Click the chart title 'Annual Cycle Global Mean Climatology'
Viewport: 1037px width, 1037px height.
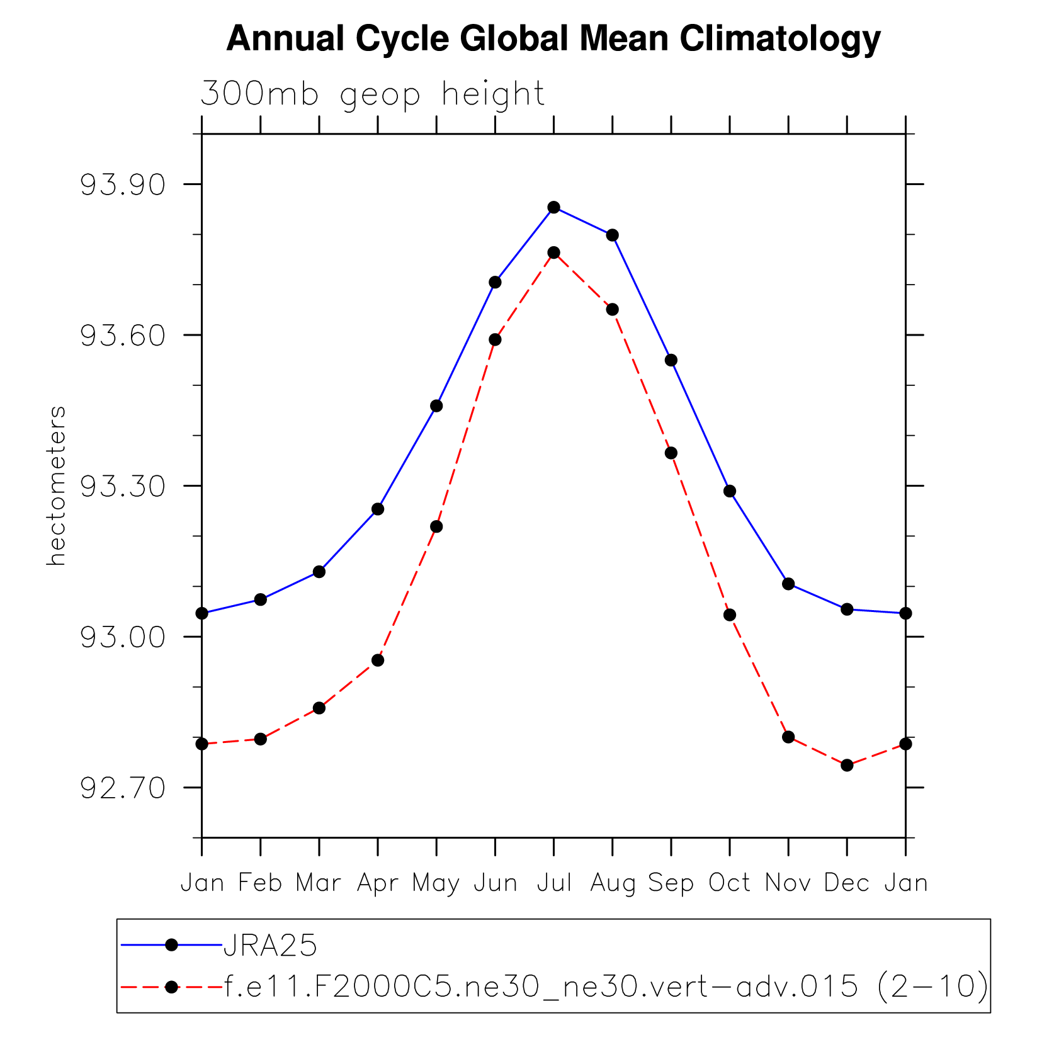(553, 39)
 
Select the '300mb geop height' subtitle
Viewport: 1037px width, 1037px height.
(372, 94)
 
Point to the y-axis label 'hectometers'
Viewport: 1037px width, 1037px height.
(56, 485)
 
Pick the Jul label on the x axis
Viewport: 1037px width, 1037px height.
(554, 883)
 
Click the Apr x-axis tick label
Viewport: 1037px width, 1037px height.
(378, 883)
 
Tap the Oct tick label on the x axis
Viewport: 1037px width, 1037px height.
(730, 883)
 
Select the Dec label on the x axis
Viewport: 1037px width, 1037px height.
(847, 883)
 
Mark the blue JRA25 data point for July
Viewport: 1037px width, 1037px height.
(554, 207)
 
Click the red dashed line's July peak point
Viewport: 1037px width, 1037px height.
(554, 252)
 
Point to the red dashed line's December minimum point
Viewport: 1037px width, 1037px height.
(847, 765)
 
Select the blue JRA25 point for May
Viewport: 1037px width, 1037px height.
(436, 406)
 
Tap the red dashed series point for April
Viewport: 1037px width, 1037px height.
(378, 660)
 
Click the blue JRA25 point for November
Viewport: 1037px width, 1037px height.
(788, 584)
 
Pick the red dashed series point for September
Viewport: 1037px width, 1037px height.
(671, 453)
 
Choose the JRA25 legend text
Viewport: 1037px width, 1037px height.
(270, 946)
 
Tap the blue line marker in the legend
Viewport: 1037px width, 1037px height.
(171, 944)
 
